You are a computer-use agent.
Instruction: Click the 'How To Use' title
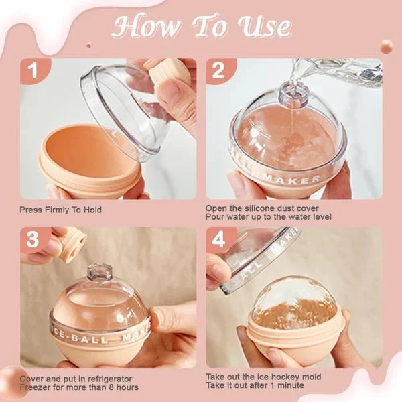pyautogui.click(x=202, y=27)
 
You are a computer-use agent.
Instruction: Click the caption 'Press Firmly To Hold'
pyautogui.click(x=61, y=210)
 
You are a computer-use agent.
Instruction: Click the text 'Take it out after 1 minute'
pyautogui.click(x=255, y=387)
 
